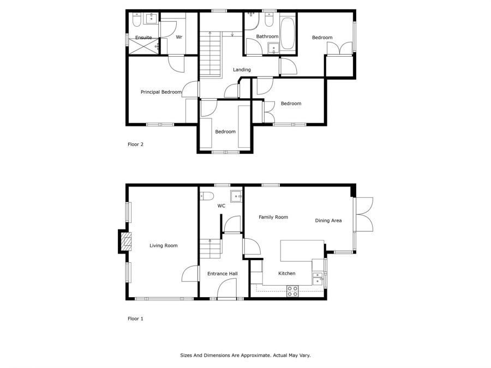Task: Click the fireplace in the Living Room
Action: pyautogui.click(x=126, y=242)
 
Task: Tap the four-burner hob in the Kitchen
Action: pyautogui.click(x=292, y=291)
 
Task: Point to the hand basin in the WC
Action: pyautogui.click(x=235, y=196)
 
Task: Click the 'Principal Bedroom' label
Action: pyautogui.click(x=161, y=92)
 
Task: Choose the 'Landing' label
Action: pyautogui.click(x=242, y=70)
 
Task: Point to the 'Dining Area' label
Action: pyautogui.click(x=328, y=221)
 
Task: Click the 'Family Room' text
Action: pyautogui.click(x=273, y=217)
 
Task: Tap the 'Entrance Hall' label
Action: pyautogui.click(x=222, y=274)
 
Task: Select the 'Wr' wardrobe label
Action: pyautogui.click(x=178, y=37)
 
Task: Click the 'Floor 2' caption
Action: pyautogui.click(x=135, y=144)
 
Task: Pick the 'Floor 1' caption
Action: pyautogui.click(x=135, y=318)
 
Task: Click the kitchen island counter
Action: pyautogui.click(x=302, y=251)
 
